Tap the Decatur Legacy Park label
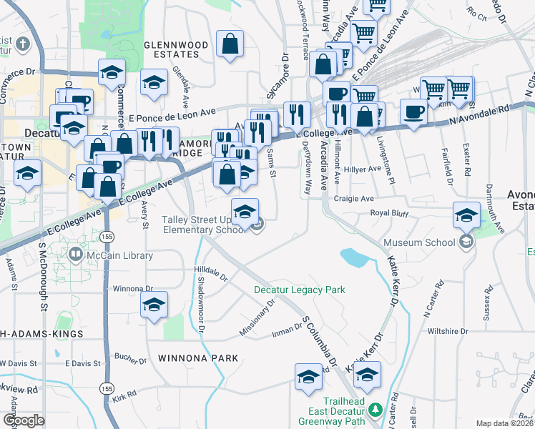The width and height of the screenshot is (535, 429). coord(300,290)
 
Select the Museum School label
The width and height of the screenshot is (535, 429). coord(419,242)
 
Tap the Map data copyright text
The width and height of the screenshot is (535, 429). coord(505,423)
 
